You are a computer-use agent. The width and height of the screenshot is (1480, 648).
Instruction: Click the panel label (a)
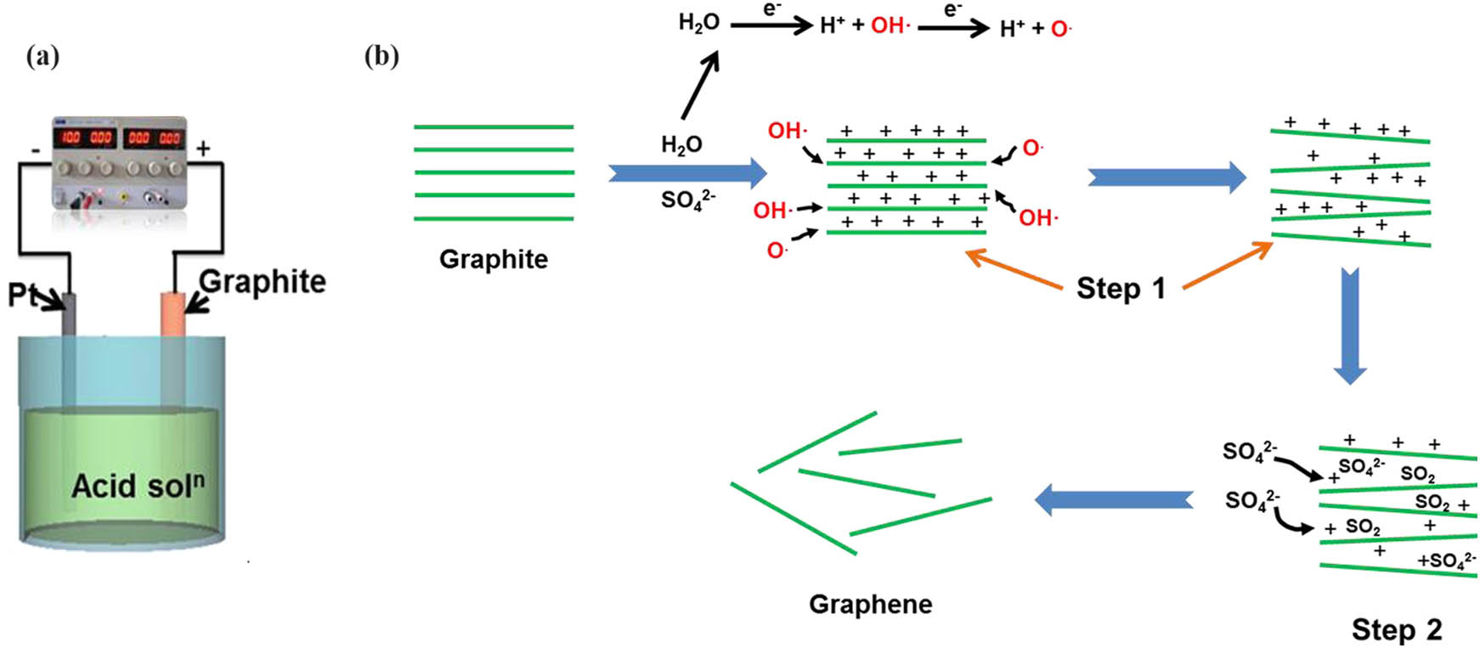[x=42, y=57]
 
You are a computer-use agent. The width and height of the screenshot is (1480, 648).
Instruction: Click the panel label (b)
[x=381, y=57]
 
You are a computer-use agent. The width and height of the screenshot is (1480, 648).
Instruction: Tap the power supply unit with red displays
[x=120, y=161]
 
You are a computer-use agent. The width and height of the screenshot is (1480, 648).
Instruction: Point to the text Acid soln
[x=138, y=485]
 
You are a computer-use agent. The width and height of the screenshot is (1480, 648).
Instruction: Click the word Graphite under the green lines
[x=493, y=259]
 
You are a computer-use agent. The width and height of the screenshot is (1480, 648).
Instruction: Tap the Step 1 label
[x=1120, y=289]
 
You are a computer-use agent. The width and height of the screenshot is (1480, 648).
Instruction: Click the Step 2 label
[x=1396, y=629]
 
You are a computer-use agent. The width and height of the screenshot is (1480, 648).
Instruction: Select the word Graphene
[x=870, y=604]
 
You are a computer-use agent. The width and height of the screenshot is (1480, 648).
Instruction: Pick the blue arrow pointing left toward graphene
[x=1113, y=499]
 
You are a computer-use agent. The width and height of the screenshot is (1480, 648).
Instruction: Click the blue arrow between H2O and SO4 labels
[x=686, y=173]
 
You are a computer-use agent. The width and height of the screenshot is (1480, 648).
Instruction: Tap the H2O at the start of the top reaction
[x=698, y=23]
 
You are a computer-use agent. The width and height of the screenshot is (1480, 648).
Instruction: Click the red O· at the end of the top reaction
[x=1060, y=30]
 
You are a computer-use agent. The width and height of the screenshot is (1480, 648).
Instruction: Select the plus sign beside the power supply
[x=203, y=149]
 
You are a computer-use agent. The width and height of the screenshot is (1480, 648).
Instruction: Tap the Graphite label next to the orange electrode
[x=262, y=281]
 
